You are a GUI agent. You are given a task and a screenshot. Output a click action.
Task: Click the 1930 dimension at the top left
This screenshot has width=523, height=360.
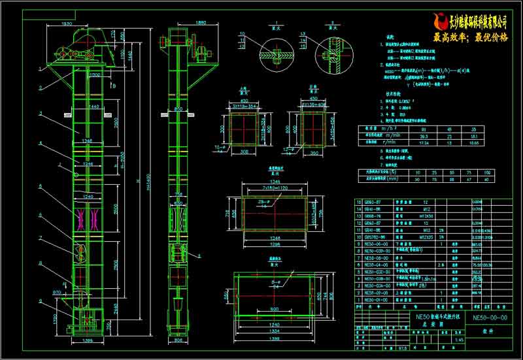point(66,24)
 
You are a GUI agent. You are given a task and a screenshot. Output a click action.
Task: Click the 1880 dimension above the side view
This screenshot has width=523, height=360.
point(182,24)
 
